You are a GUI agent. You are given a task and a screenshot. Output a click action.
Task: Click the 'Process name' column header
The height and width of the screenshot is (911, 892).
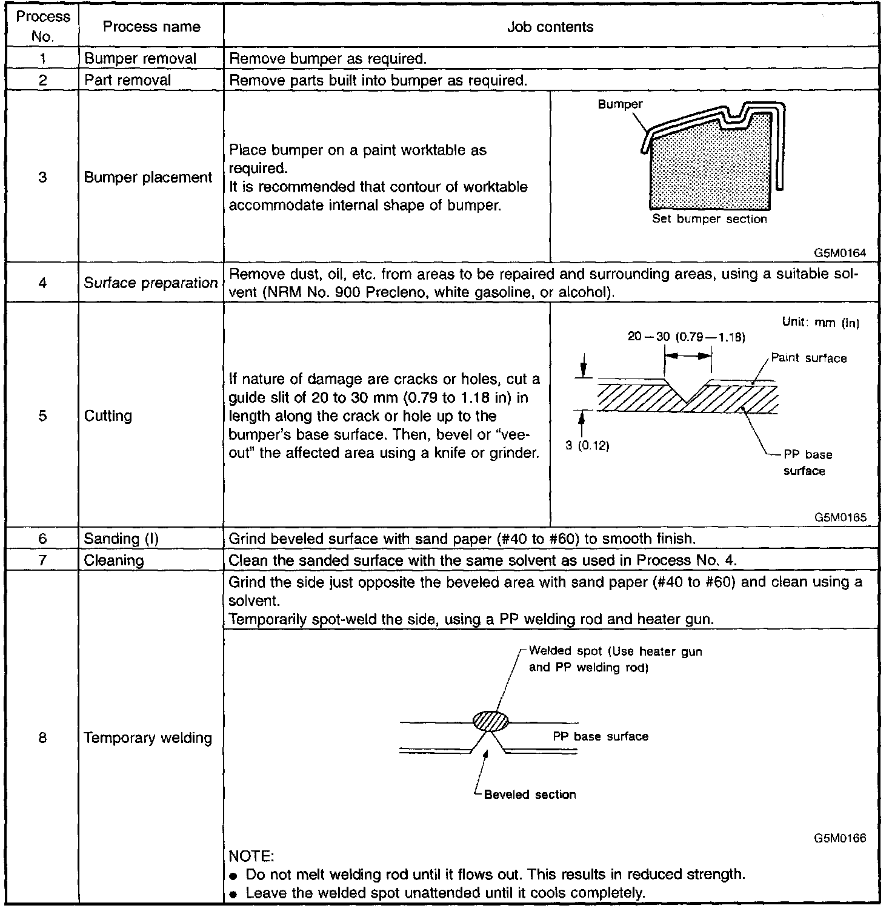tap(151, 27)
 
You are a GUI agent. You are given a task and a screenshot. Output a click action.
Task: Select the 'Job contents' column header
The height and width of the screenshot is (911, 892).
tap(550, 27)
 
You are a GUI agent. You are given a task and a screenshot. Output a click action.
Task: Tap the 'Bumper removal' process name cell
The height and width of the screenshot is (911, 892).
tap(140, 59)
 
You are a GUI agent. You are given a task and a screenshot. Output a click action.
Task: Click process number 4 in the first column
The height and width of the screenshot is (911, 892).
tap(42, 283)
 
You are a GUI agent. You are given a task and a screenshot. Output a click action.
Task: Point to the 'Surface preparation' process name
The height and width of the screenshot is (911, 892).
tap(150, 283)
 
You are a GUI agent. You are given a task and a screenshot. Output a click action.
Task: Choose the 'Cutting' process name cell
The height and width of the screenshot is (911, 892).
tap(108, 416)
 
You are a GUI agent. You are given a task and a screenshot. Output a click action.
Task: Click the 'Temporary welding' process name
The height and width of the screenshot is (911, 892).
tap(148, 738)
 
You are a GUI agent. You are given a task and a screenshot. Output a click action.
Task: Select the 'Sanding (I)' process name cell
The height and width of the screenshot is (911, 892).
tap(121, 539)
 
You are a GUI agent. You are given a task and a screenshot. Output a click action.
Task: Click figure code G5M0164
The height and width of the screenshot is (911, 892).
tap(840, 253)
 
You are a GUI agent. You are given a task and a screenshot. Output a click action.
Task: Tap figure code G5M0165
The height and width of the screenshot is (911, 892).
tap(840, 517)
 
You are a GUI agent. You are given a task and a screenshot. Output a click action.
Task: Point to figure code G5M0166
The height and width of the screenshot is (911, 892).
tap(840, 838)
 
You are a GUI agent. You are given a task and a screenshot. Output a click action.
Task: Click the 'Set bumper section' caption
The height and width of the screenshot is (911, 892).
tap(710, 219)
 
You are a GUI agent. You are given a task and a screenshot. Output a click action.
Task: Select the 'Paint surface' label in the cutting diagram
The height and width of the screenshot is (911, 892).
tap(809, 358)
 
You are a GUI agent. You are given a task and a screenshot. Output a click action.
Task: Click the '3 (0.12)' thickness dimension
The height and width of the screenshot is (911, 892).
tap(587, 446)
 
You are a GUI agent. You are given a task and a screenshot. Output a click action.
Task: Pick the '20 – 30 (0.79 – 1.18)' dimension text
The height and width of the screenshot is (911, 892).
tap(686, 337)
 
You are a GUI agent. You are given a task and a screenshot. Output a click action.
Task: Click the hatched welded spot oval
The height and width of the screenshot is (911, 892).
tap(490, 721)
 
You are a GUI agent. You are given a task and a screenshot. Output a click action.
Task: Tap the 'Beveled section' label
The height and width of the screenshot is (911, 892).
tap(530, 795)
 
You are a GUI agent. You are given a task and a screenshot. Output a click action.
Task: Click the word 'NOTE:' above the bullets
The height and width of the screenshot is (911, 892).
tap(251, 856)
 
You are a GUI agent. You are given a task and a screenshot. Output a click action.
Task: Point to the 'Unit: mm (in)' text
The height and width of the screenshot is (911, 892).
tap(820, 323)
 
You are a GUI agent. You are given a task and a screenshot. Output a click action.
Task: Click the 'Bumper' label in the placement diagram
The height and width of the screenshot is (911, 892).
tap(620, 104)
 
